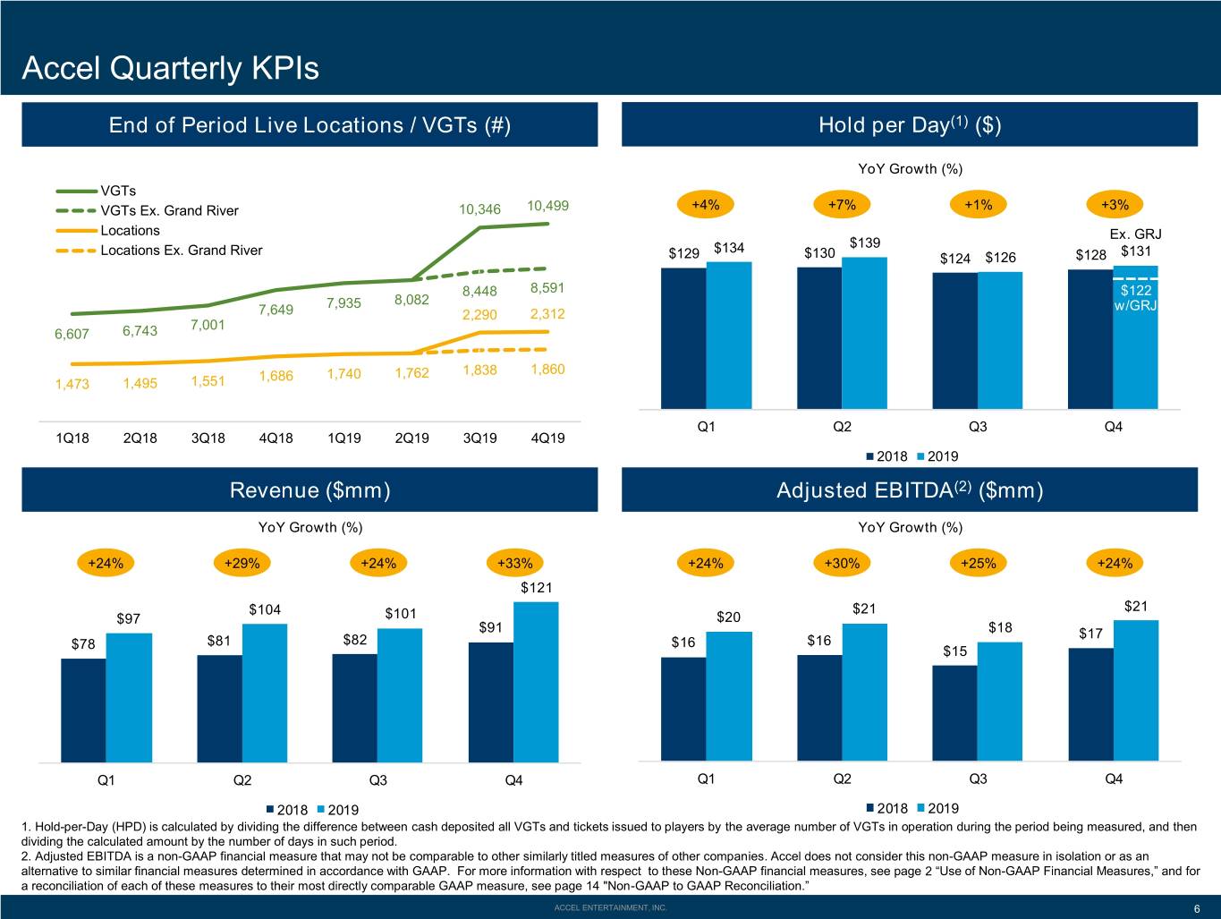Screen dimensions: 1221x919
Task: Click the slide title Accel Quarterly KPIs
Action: coord(170,68)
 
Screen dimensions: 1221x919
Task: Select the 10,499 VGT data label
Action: coord(548,206)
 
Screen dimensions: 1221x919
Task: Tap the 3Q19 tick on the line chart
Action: coord(480,438)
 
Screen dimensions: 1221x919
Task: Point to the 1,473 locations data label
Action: coord(72,384)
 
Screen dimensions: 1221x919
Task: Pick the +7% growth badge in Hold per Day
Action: coord(842,205)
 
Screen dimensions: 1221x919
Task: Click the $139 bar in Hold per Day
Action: coord(864,333)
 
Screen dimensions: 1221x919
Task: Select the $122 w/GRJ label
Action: coord(1135,298)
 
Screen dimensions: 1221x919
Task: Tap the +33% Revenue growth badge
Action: coord(514,563)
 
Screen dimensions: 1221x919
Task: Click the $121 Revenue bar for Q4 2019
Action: coord(536,682)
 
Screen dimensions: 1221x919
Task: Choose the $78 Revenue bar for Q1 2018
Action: coord(83,711)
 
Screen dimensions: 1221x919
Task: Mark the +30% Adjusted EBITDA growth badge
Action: coord(842,563)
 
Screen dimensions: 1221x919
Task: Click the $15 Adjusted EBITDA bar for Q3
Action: coord(954,713)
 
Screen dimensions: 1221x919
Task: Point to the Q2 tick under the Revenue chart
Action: coord(242,780)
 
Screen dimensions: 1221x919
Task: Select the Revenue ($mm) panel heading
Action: coord(309,490)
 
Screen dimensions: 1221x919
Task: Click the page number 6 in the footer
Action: coord(1197,908)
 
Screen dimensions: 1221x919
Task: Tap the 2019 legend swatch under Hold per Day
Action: coord(920,456)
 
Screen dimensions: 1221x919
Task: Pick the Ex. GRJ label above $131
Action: coord(1135,234)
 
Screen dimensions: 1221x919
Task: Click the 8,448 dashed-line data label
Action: coord(479,292)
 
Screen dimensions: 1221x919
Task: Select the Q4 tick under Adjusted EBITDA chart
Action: coord(1113,779)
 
